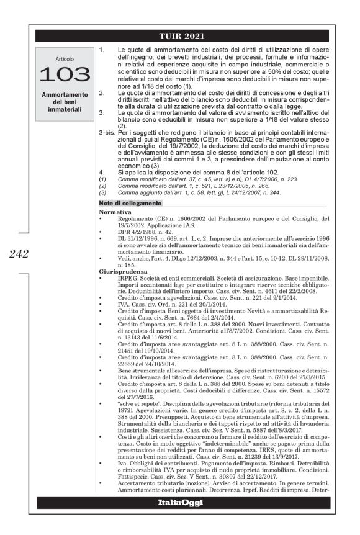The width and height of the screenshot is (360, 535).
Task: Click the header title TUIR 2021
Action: click(181, 35)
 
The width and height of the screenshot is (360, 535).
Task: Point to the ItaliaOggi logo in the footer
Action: click(181, 502)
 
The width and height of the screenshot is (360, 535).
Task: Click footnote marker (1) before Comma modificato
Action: click(102, 179)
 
